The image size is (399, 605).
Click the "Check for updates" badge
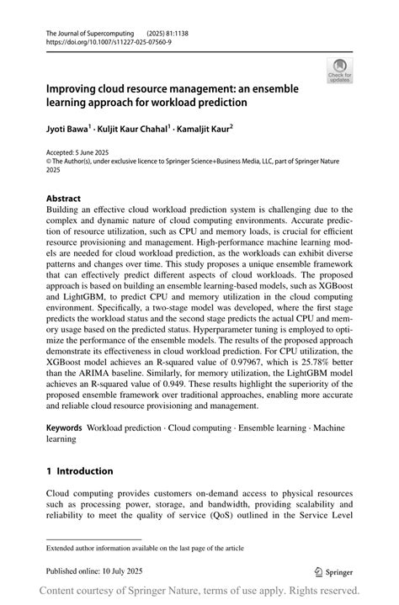tap(342, 69)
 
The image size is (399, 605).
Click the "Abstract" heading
tap(63, 200)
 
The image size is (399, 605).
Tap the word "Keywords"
tap(64, 428)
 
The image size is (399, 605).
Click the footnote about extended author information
tap(145, 547)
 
